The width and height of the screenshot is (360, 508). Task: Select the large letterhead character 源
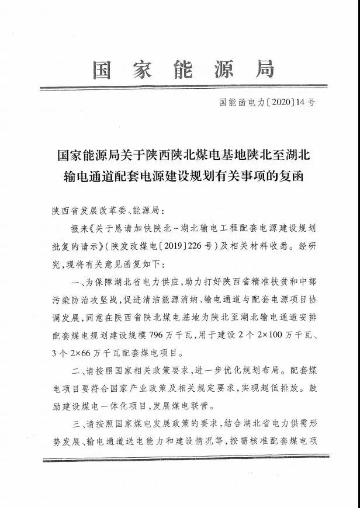pos(223,70)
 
